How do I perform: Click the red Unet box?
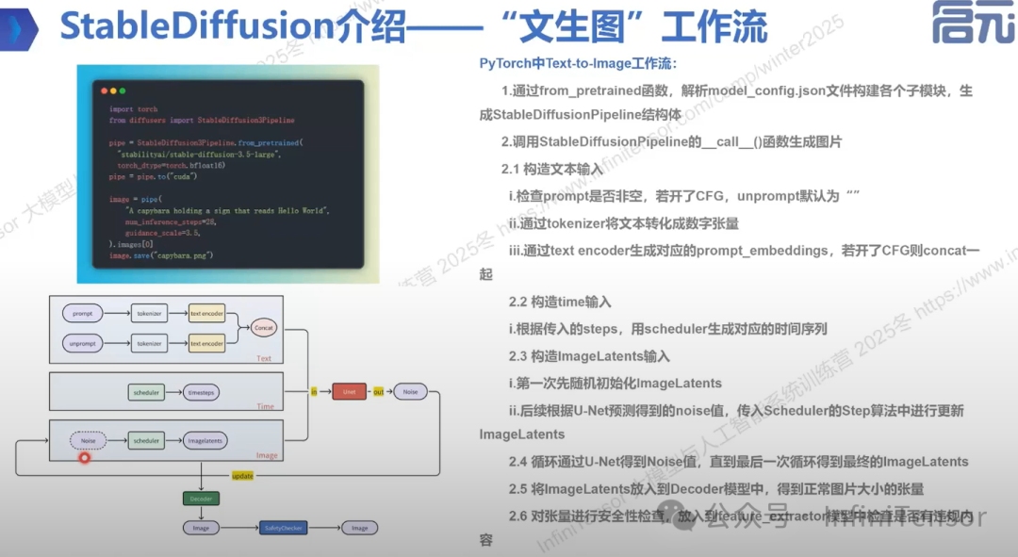tap(349, 390)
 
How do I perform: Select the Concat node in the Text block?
tap(264, 328)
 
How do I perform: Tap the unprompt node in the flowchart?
tap(82, 344)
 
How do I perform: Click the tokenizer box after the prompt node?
tap(149, 312)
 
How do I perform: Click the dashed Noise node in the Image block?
tap(89, 440)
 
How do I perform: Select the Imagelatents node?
tap(205, 440)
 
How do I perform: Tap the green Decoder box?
tap(202, 498)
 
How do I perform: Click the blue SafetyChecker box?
tap(285, 528)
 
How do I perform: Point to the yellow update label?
tap(242, 476)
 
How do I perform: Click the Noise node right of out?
tap(410, 390)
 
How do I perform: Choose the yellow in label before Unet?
tap(314, 390)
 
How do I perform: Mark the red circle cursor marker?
tap(84, 458)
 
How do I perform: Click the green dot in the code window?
tap(122, 91)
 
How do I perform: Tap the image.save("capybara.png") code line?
tap(161, 255)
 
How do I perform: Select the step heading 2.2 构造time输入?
tap(560, 303)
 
